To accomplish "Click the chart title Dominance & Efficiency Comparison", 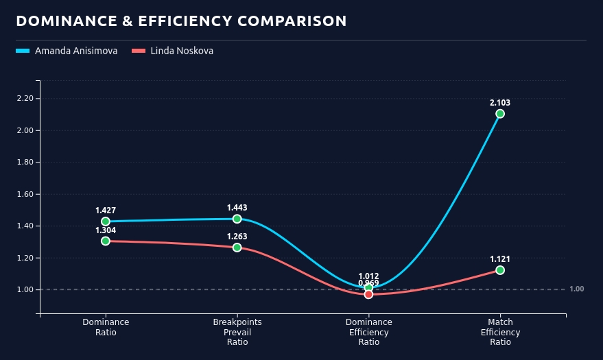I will pos(181,21).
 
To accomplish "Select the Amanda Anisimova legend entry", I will pos(76,51).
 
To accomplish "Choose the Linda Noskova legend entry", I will pos(182,51).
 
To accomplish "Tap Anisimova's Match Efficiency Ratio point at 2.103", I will pos(500,114).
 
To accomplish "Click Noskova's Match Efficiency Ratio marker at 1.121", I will pos(500,270).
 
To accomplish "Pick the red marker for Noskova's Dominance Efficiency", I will pos(368,294).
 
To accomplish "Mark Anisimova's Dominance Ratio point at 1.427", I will pos(106,221).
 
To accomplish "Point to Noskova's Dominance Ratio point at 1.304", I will pos(106,241).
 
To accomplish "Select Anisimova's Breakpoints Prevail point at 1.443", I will pos(237,219).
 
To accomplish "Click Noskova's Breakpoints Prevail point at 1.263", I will pos(237,248).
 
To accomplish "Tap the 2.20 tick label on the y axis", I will pos(25,98).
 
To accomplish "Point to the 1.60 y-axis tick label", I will pos(25,194).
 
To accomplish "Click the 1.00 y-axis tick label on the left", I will pos(25,289).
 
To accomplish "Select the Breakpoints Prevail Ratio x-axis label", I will pos(237,332).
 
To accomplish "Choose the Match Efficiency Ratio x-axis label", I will pos(500,332).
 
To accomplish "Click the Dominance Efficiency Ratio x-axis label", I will pos(368,332).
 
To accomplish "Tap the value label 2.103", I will pos(500,103).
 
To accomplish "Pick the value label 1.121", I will pos(500,259).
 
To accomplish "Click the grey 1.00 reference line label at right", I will pos(576,289).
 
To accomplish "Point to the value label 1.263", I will pos(237,237).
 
